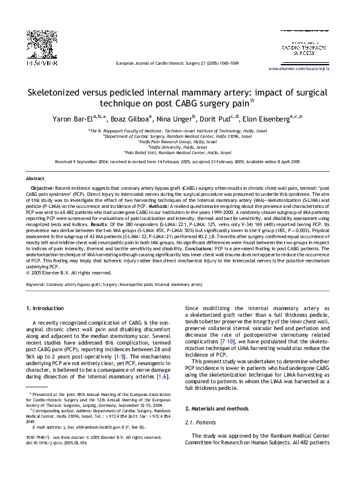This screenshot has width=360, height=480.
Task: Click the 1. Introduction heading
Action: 46,309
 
